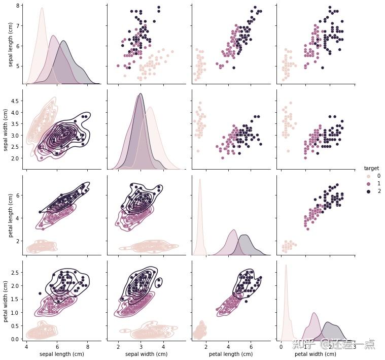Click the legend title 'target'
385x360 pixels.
[x=371, y=168]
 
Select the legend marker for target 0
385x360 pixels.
[x=368, y=176]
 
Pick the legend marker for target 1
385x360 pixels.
[x=368, y=183]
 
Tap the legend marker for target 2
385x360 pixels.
[x=368, y=191]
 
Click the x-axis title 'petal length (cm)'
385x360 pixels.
[x=231, y=354]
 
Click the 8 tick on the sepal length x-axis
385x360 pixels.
[x=88, y=346]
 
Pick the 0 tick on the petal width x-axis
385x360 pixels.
[x=281, y=346]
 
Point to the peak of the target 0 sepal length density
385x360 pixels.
[x=42, y=8]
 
